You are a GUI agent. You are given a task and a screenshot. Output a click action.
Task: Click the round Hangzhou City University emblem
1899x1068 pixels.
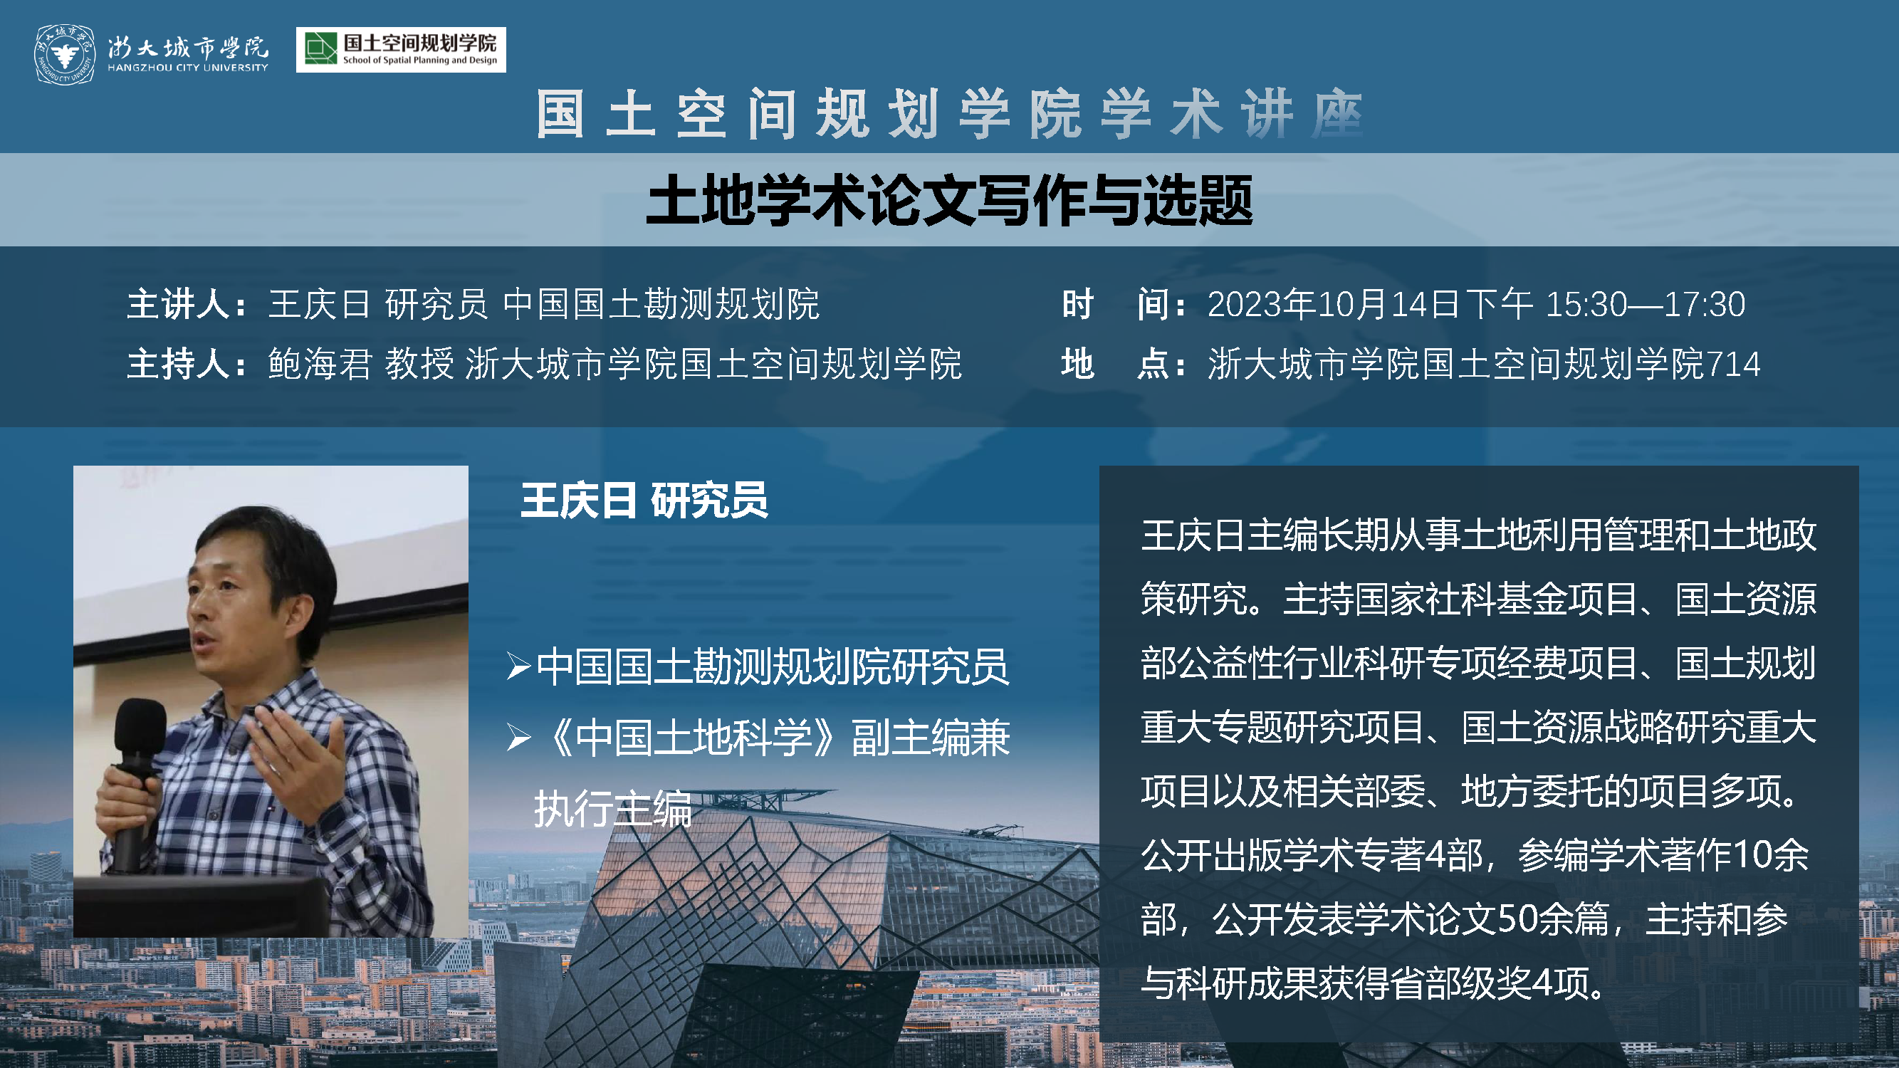(66, 54)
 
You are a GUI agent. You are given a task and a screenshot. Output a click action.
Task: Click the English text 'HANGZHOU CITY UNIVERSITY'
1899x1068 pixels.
(188, 68)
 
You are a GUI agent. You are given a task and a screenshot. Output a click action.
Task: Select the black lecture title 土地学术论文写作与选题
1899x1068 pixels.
(950, 200)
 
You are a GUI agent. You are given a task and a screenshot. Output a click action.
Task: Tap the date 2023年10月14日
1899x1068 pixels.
(1333, 305)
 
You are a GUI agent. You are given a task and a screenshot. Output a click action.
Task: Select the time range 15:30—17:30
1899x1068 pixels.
(1646, 305)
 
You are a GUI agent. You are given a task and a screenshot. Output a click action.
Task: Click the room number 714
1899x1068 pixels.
(1732, 364)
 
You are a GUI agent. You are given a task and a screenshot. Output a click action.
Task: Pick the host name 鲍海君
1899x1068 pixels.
(320, 364)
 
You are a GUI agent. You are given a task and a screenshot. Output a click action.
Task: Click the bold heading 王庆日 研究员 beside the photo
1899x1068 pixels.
(644, 501)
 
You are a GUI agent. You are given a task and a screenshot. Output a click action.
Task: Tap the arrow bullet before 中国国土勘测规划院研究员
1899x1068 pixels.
(519, 666)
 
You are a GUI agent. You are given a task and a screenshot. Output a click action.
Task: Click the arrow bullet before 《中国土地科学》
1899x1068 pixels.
(519, 737)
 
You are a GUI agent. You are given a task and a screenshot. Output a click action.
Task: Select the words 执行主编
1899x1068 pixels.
(613, 809)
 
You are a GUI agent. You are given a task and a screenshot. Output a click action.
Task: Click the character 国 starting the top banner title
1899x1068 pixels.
(560, 114)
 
